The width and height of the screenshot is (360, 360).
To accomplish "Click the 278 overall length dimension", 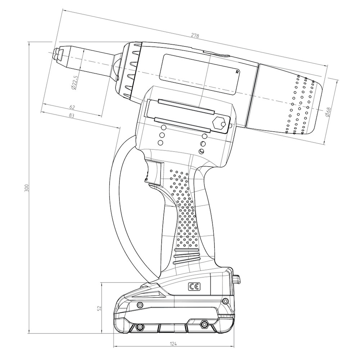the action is click(x=195, y=36).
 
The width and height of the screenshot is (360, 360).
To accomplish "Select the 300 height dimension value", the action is click(x=27, y=188).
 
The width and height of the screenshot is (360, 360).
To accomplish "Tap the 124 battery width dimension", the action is click(x=174, y=344).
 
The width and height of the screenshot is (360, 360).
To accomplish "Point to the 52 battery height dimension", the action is click(x=99, y=308).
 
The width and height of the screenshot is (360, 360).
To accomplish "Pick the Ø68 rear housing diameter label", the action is click(x=328, y=112).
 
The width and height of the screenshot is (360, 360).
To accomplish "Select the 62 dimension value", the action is click(x=72, y=107).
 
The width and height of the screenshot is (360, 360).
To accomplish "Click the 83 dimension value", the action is click(x=71, y=116).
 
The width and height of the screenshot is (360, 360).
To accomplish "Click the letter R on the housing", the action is click(x=238, y=72).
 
